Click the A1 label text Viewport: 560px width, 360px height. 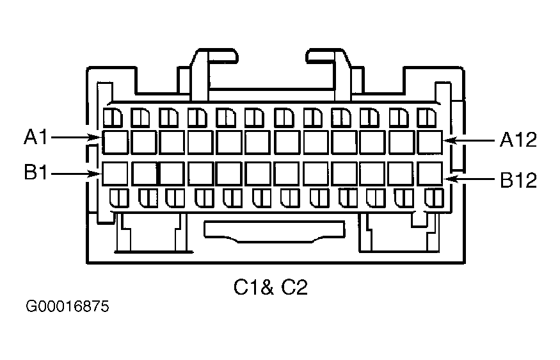point(37,136)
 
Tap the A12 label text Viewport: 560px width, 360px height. point(518,140)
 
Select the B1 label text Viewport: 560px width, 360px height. point(37,173)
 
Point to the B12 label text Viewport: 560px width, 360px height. point(518,181)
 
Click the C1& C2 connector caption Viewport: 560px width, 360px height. point(271,288)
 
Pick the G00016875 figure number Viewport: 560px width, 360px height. point(68,307)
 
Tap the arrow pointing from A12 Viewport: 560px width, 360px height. point(470,140)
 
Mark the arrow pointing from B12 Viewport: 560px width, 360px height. point(470,180)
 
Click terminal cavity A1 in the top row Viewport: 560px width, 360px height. point(115,142)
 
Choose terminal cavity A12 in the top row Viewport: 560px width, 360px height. point(430,142)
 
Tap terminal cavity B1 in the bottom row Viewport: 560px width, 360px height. point(115,174)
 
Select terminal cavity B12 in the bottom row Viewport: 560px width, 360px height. point(430,174)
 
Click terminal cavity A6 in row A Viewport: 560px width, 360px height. point(258,142)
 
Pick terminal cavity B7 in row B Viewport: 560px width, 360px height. point(287,174)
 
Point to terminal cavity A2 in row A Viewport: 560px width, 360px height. point(143,142)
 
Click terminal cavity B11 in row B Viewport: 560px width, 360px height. point(401,174)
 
